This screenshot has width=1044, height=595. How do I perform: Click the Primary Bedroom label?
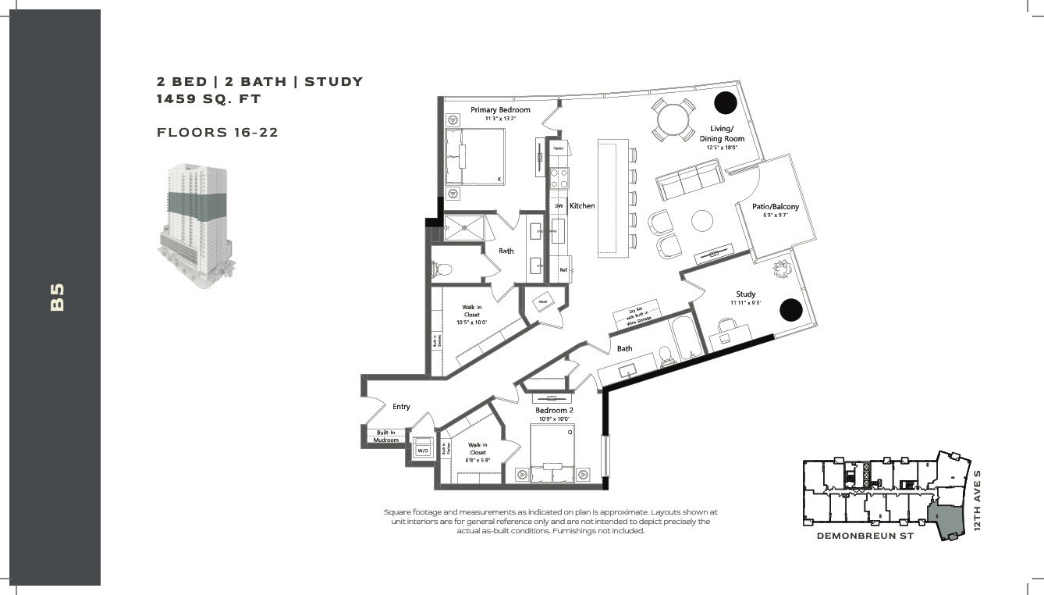500,110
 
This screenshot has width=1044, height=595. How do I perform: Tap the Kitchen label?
582,206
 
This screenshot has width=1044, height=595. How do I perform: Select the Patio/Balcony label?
775,207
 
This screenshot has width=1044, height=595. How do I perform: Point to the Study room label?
745,294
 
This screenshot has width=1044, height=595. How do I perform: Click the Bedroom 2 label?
554,411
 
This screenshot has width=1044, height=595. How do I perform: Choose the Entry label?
401,407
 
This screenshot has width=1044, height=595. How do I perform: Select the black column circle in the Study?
790,309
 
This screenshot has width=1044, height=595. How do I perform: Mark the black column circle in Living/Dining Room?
726,102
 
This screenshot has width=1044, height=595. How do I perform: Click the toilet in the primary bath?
442,269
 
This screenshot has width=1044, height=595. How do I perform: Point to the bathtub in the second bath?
687,337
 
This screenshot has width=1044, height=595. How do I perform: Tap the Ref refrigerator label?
563,270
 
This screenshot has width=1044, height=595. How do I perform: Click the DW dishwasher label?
559,206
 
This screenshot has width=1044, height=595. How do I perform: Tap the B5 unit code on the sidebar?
56,297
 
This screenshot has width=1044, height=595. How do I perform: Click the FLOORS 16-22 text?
218,133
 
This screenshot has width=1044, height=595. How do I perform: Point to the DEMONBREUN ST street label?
865,536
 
